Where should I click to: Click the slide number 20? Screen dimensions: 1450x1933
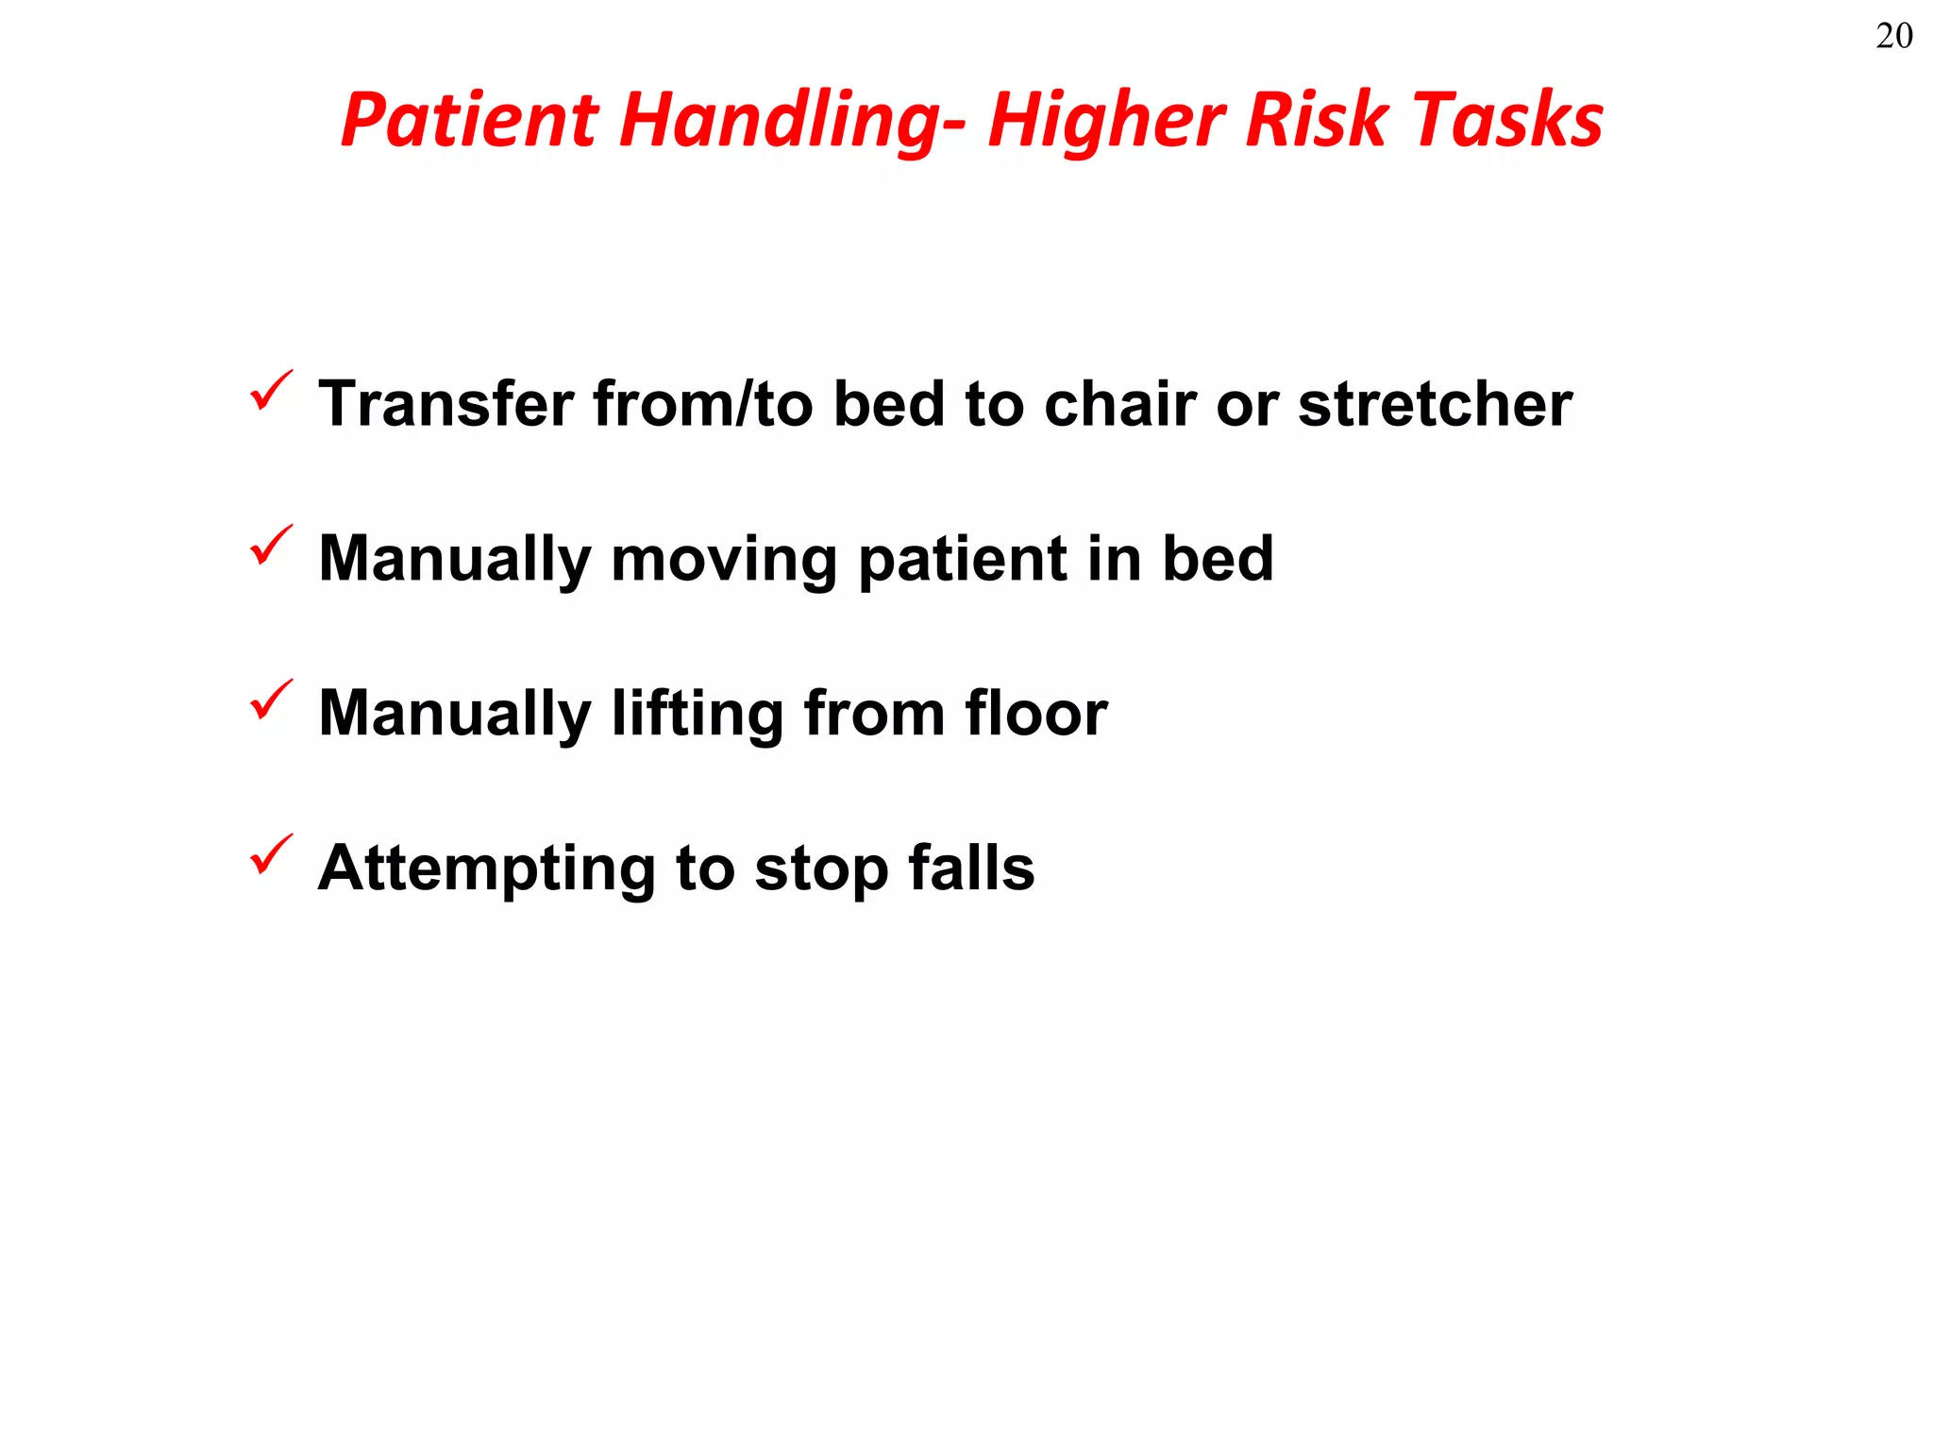click(x=1893, y=36)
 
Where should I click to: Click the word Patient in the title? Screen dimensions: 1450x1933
click(x=469, y=120)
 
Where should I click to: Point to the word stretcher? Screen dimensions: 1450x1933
click(x=1435, y=404)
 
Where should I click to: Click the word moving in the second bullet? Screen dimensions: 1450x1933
click(x=724, y=559)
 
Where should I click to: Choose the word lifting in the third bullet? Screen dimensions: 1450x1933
click(x=698, y=714)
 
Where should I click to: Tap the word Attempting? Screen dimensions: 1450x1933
click(x=486, y=868)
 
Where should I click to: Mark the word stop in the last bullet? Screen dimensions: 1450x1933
click(x=821, y=868)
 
